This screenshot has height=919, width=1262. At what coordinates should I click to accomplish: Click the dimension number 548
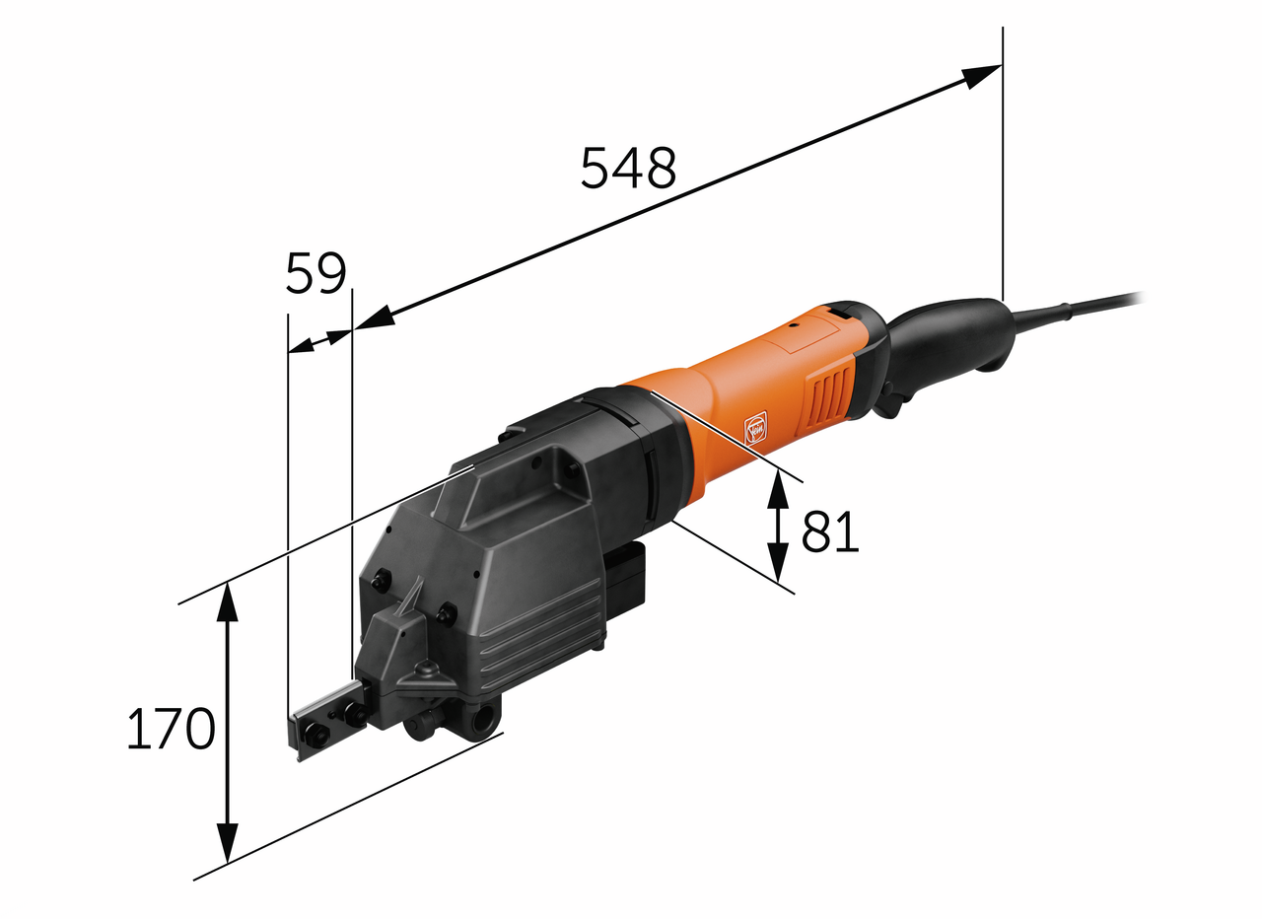628,168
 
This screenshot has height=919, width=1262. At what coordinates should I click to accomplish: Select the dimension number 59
315,273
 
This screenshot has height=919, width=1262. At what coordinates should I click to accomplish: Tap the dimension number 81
830,531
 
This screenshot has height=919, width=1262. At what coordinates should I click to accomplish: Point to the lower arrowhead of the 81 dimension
778,561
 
